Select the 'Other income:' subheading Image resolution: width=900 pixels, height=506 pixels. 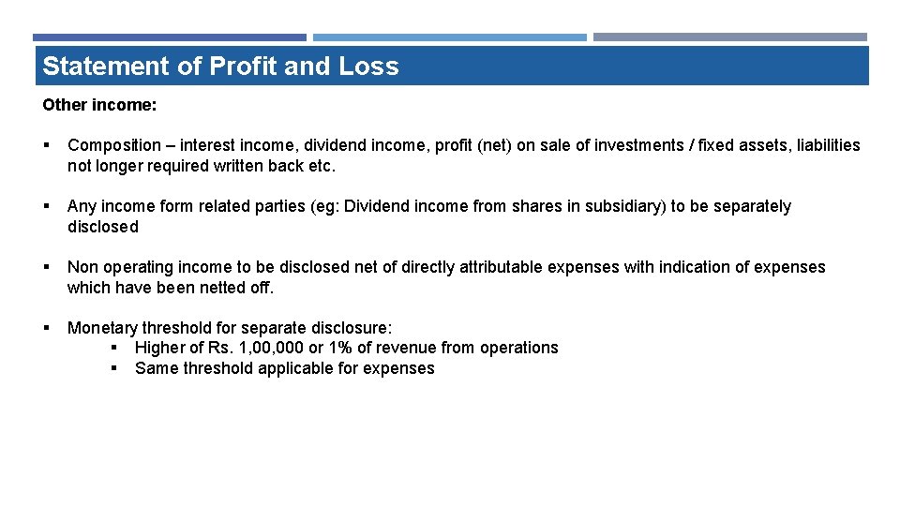pyautogui.click(x=99, y=105)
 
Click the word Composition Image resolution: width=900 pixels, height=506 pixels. pyautogui.click(x=114, y=145)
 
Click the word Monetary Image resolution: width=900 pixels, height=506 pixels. pyautogui.click(x=102, y=328)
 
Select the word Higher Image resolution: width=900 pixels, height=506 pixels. pyautogui.click(x=160, y=348)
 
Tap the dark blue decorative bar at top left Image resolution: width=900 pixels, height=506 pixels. pyautogui.click(x=170, y=37)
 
